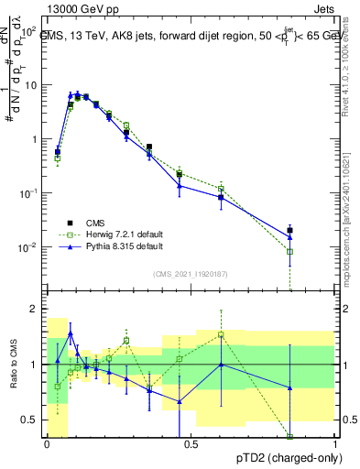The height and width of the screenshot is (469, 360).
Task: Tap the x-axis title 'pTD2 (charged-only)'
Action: (x=284, y=455)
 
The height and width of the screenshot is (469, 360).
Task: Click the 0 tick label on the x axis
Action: (x=47, y=444)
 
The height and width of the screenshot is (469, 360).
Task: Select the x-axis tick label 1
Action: (x=334, y=444)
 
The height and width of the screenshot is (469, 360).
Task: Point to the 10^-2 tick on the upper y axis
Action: (x=30, y=247)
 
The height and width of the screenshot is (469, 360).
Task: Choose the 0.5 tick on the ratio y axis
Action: (x=33, y=420)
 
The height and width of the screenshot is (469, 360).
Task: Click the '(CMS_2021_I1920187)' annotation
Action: (x=191, y=272)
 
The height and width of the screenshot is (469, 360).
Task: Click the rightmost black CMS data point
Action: (x=290, y=230)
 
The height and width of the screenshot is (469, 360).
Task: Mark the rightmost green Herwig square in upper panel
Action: (x=290, y=251)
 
